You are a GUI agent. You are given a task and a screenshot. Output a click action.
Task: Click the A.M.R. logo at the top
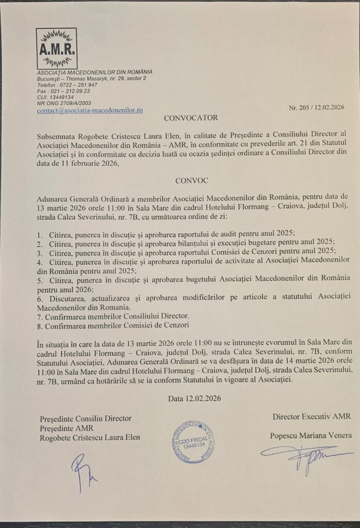(56, 48)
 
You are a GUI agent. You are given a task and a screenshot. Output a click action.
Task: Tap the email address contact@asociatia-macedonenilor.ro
(90, 110)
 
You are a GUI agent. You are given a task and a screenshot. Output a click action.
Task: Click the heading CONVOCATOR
(184, 118)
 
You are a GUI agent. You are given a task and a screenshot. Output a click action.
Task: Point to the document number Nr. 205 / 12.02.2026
(316, 108)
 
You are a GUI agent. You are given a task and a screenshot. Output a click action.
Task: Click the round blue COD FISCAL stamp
(194, 441)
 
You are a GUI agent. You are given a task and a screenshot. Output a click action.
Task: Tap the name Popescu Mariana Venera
(310, 436)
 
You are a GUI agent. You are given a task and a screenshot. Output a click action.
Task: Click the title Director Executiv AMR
(312, 416)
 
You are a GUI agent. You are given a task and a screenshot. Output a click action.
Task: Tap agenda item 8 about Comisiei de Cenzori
(112, 326)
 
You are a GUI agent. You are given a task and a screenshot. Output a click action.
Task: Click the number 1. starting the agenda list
(40, 233)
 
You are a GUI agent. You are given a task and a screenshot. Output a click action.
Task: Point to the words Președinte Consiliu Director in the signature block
(86, 418)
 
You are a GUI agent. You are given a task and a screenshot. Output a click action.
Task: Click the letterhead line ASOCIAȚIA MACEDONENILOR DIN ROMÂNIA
(94, 72)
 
